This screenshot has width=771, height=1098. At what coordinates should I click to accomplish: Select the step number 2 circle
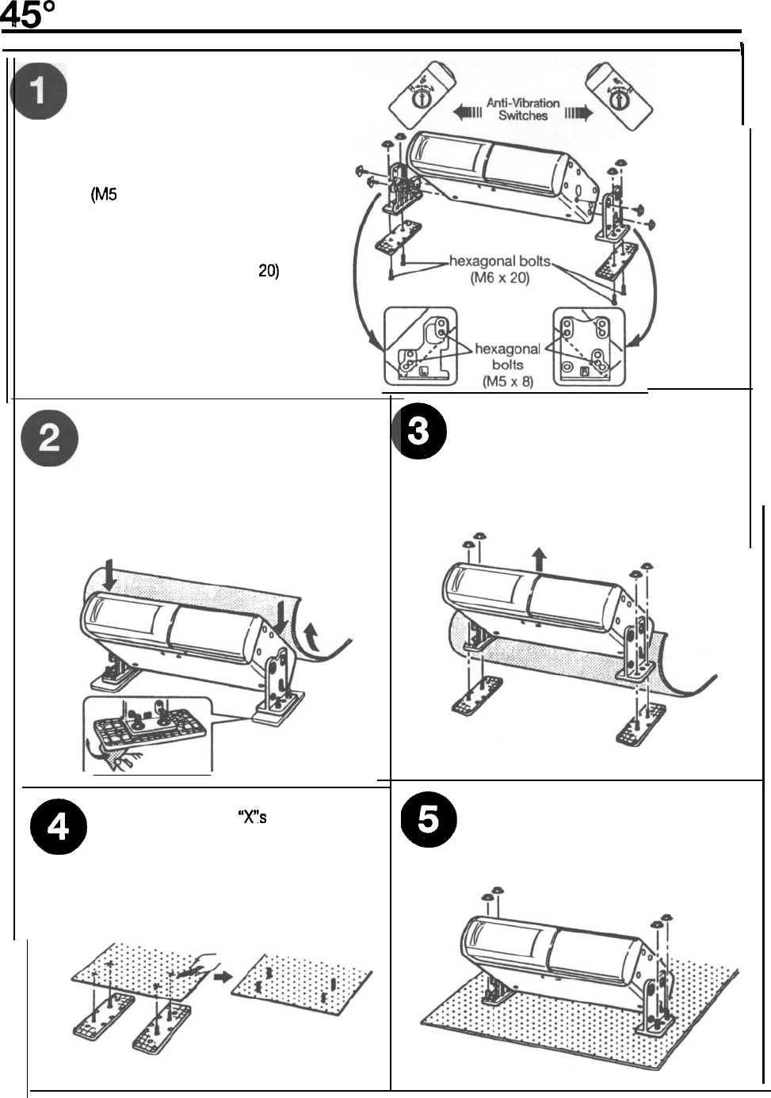point(49,440)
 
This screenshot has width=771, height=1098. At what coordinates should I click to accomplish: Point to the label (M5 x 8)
point(507,381)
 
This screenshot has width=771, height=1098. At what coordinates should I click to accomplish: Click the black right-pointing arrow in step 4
point(223,977)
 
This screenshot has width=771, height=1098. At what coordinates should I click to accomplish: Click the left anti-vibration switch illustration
point(414,94)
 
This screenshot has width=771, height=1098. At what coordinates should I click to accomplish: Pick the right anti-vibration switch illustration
point(622,94)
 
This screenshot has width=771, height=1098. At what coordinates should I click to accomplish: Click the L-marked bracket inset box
point(420,346)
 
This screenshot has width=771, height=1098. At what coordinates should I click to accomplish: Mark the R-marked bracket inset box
point(590,346)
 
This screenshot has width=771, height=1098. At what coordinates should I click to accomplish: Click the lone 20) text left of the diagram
point(269,271)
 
